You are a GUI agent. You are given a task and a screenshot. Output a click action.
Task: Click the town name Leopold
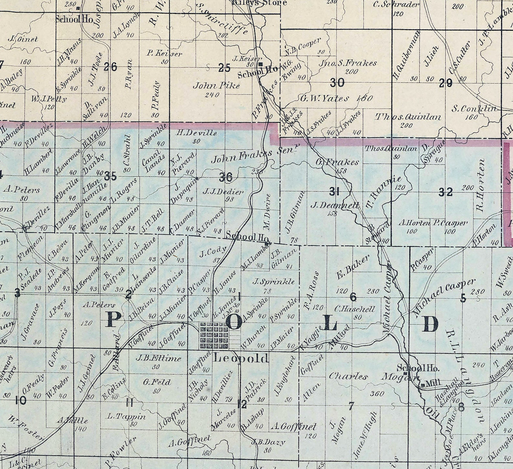tap(241, 358)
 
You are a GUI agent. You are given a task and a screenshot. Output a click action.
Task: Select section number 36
tap(225, 177)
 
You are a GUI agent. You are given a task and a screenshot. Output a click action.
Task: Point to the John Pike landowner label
tap(216, 86)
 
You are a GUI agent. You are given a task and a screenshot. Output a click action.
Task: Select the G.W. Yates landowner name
tap(325, 98)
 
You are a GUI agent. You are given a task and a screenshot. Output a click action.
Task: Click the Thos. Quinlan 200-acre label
tap(408, 117)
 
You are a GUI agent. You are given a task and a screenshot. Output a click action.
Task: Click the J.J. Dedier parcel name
tap(223, 192)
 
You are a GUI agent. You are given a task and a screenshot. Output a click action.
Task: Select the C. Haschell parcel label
tap(354, 309)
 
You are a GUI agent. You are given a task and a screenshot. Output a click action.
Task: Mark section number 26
tap(110, 67)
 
